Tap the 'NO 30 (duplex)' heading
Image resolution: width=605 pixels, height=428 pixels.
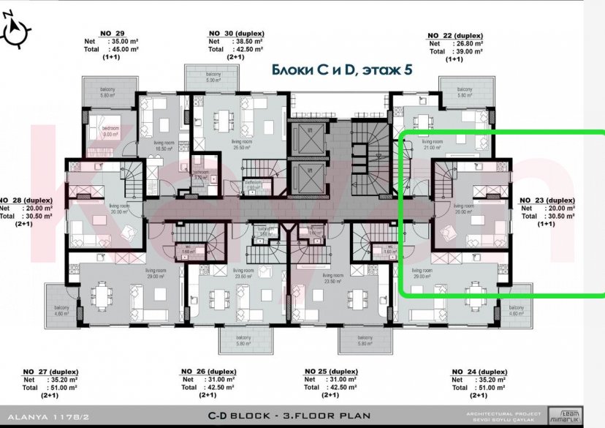pyautogui.click(x=236, y=34)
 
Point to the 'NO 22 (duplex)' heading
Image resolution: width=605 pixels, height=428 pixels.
pyautogui.click(x=454, y=35)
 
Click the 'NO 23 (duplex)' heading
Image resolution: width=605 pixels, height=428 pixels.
pyautogui.click(x=547, y=200)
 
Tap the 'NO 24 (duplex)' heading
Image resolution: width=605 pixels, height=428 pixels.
pyautogui.click(x=480, y=372)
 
